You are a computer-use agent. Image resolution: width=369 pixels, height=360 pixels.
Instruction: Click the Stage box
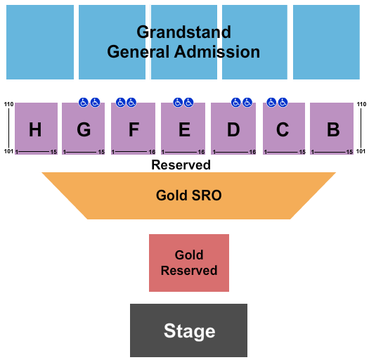click(x=188, y=330)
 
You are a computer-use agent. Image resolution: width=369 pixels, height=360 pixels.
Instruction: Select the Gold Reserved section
click(x=188, y=263)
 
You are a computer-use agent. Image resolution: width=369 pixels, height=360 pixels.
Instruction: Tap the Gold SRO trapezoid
click(x=188, y=195)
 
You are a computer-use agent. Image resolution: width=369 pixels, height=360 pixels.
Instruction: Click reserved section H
click(x=35, y=129)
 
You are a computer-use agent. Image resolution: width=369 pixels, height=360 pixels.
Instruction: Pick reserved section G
click(x=84, y=129)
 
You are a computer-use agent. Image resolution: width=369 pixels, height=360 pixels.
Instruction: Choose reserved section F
click(x=134, y=129)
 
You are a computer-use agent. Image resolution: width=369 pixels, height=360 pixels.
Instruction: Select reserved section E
click(x=183, y=129)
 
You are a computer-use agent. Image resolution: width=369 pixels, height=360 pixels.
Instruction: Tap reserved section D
click(x=233, y=129)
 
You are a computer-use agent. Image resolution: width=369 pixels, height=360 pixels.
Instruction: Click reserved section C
click(x=283, y=129)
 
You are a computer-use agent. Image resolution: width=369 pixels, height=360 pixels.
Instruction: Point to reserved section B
click(x=332, y=129)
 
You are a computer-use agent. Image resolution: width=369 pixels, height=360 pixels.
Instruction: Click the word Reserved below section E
click(x=181, y=165)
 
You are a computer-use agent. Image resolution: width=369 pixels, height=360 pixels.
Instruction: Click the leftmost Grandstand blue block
click(x=40, y=42)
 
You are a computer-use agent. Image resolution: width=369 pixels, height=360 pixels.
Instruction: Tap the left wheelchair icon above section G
click(x=84, y=103)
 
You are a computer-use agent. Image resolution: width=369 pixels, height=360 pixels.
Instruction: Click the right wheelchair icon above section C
click(x=283, y=103)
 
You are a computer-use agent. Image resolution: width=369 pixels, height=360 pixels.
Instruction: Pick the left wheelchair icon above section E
click(x=178, y=103)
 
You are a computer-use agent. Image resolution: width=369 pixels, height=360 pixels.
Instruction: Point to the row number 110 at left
click(x=8, y=105)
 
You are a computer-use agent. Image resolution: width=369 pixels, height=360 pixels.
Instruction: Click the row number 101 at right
click(x=361, y=151)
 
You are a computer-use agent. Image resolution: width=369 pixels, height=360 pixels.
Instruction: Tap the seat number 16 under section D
click(x=252, y=152)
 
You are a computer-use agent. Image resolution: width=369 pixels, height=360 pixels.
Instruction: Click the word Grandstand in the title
click(x=183, y=32)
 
